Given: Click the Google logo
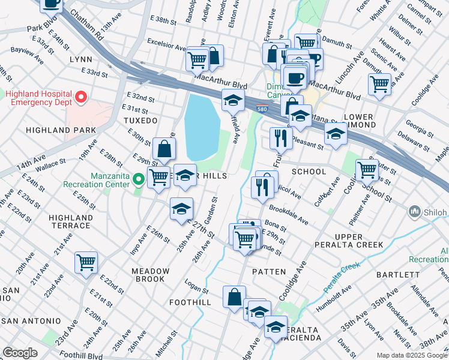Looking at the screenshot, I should tap(20, 353).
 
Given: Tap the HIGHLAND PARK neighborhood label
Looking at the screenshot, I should tap(61, 130).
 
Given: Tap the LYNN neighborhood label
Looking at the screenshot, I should tap(80, 59).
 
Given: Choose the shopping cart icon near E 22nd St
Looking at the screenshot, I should tap(86, 262).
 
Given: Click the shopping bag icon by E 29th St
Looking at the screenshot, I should tap(164, 148).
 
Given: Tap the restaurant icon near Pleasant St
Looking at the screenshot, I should tap(281, 138).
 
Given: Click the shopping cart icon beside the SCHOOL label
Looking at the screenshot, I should tap(367, 169).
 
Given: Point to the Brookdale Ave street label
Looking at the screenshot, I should tap(289, 215).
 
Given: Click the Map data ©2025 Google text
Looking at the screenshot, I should tap(412, 355).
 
